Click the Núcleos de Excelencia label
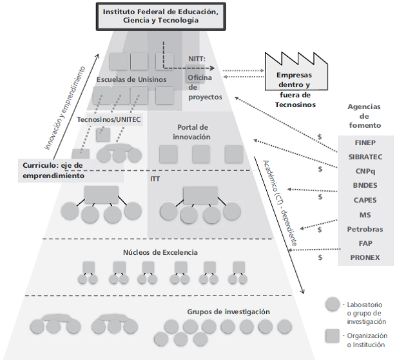point(160,252)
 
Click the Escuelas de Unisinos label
point(131,79)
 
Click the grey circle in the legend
point(333,304)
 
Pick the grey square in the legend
point(333,335)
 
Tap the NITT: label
point(197,59)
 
